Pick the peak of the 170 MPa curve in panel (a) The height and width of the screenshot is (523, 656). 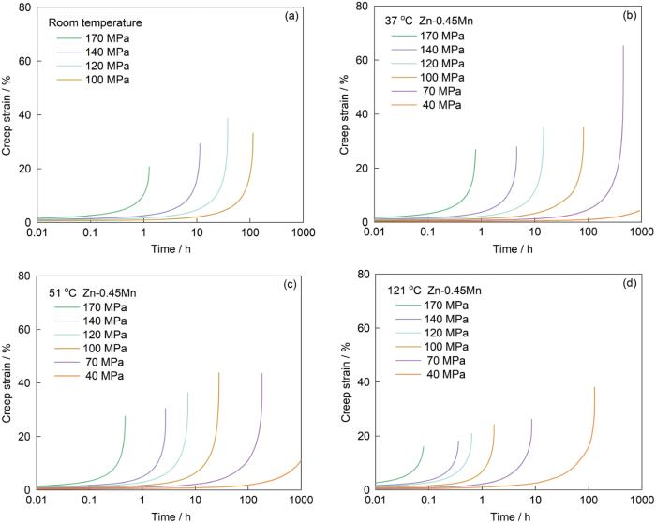[150, 167]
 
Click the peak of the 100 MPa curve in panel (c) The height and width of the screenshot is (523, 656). [219, 373]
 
